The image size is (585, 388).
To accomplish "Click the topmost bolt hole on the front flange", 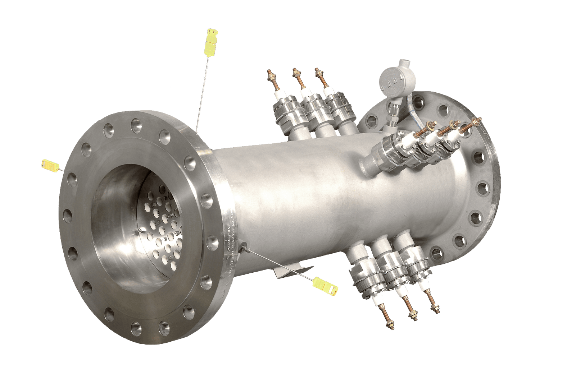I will click(136, 125).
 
